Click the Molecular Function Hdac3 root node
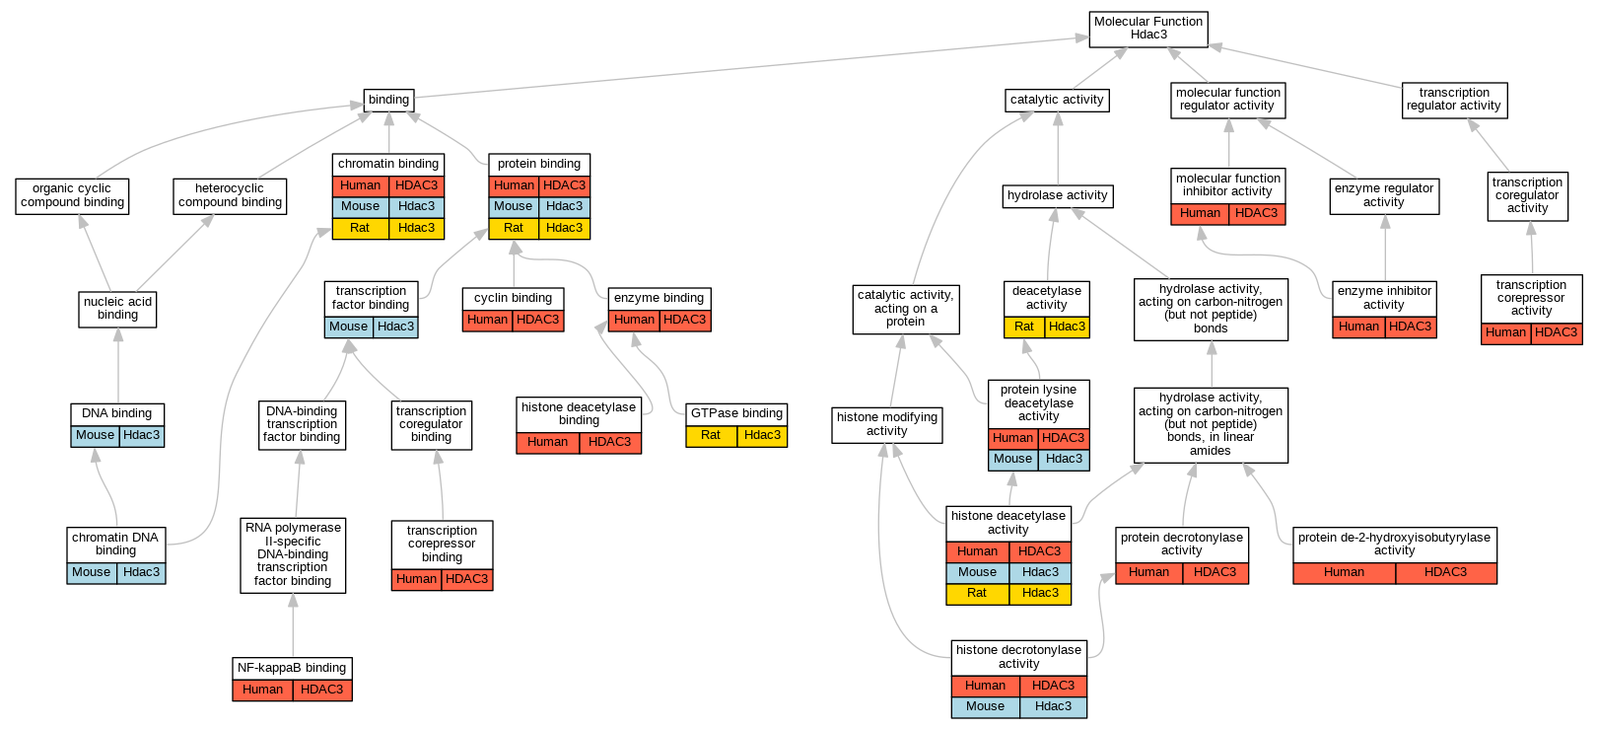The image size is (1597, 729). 1148,29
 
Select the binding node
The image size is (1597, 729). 388,100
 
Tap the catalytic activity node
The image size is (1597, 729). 1057,100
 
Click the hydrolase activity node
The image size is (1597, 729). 1057,195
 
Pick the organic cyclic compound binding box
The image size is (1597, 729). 72,195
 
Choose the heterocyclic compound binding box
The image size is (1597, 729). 230,195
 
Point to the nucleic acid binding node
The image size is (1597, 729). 117,309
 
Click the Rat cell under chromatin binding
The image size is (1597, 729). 360,228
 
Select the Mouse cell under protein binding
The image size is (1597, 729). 514,206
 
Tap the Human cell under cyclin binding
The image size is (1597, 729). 487,320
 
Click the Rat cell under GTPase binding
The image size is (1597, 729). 711,435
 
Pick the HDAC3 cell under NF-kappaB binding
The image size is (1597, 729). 321,690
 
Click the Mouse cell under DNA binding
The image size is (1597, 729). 95,435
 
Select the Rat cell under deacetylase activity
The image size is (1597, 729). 1024,327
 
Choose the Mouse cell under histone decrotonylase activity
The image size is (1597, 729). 985,706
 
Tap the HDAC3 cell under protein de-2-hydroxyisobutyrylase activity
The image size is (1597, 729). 1445,572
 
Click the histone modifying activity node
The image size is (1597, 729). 887,424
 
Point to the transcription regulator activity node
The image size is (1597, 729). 1454,100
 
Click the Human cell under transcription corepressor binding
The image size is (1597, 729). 416,579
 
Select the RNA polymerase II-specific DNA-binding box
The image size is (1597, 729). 293,554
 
